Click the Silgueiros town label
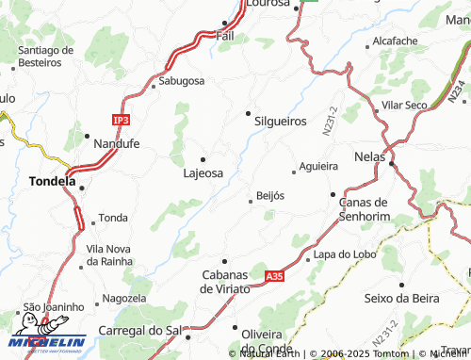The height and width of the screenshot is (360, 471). coord(280,122)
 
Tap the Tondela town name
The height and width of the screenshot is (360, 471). coord(52,181)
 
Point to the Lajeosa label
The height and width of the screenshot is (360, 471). coord(203,173)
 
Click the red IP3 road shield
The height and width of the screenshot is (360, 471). coord(121,121)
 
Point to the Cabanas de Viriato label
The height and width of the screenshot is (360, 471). coord(225,281)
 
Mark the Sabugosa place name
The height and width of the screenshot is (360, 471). coord(181,82)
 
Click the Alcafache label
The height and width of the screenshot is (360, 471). coord(395,41)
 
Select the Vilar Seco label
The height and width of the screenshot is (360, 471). coord(404,105)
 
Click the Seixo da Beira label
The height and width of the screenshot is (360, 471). coord(401,298)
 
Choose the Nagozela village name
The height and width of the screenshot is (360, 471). coord(124,298)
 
